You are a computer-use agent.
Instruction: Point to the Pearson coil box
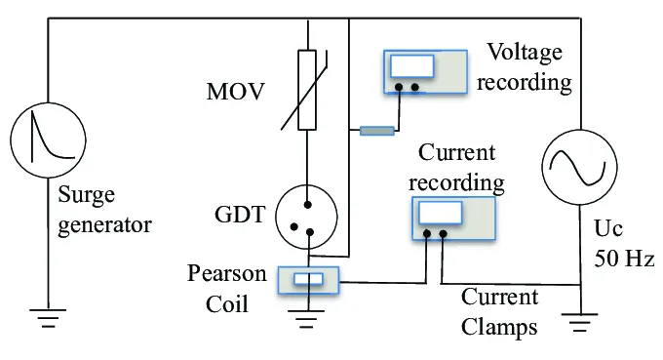[x=308, y=281]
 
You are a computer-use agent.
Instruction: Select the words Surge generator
[x=104, y=211]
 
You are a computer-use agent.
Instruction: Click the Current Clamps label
[x=499, y=311]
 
